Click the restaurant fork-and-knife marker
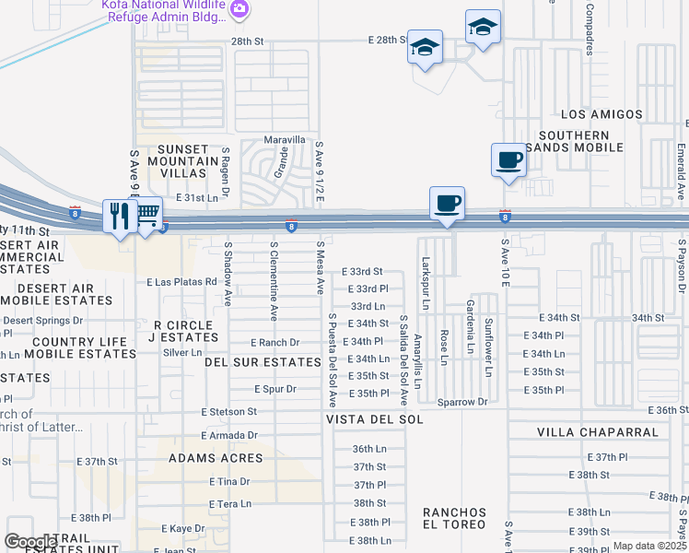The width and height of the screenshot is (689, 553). click(x=119, y=218)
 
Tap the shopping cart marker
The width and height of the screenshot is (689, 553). click(x=147, y=217)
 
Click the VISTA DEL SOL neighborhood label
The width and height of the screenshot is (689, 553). click(x=374, y=419)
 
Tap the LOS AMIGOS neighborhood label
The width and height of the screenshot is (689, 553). click(x=601, y=114)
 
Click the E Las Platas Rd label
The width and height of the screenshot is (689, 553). click(x=181, y=281)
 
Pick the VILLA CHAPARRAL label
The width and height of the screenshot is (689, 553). click(x=598, y=432)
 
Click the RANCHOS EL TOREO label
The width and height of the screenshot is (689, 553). click(x=453, y=518)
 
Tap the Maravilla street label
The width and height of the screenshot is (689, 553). click(x=285, y=140)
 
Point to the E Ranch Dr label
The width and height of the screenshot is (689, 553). click(x=275, y=342)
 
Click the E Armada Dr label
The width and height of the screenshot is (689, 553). click(x=229, y=435)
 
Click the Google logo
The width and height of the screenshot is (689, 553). click(x=30, y=542)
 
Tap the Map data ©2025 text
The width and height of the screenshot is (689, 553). click(x=650, y=546)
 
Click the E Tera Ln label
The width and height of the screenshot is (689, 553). click(x=230, y=503)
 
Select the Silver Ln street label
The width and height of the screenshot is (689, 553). click(x=181, y=352)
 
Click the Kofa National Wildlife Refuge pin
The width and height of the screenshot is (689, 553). click(x=239, y=9)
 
